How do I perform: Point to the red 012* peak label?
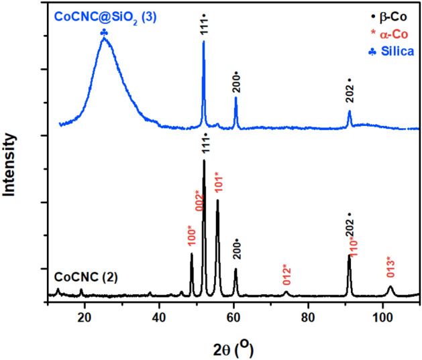[x=286, y=274]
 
